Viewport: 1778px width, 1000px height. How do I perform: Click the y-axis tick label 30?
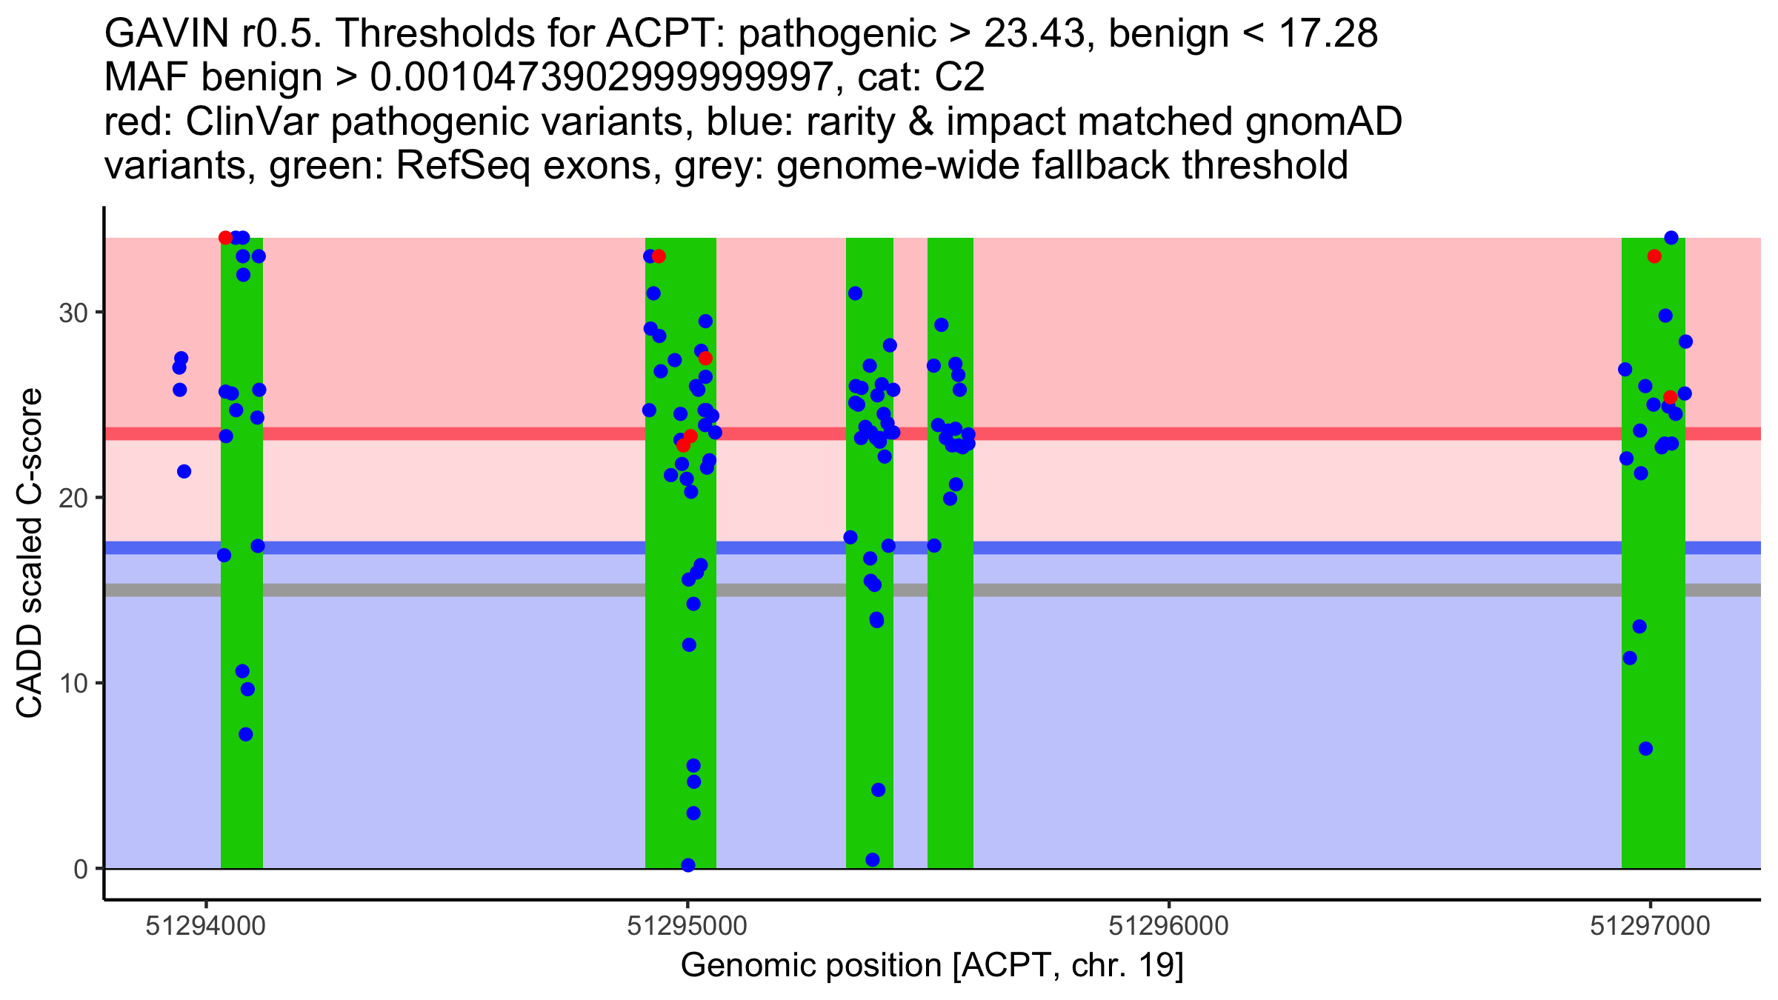click(x=73, y=313)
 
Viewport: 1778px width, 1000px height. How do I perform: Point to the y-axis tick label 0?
click(x=80, y=869)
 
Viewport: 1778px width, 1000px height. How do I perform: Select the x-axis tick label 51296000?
click(x=1168, y=926)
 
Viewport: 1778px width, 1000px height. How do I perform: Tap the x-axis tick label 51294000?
click(x=205, y=926)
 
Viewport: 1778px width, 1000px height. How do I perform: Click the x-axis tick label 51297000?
click(x=1650, y=926)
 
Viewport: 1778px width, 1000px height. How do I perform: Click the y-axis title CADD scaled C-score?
click(x=30, y=553)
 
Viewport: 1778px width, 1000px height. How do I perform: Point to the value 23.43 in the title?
click(x=1034, y=33)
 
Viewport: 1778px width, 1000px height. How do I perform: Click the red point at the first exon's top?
click(x=226, y=238)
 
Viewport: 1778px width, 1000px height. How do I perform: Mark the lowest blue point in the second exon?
click(x=687, y=865)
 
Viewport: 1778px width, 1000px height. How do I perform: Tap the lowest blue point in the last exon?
click(x=1645, y=749)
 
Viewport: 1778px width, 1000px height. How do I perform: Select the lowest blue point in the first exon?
click(x=246, y=735)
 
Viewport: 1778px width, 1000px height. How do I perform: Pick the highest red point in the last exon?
click(x=1654, y=256)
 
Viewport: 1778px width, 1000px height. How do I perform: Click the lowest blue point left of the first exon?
click(x=184, y=472)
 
